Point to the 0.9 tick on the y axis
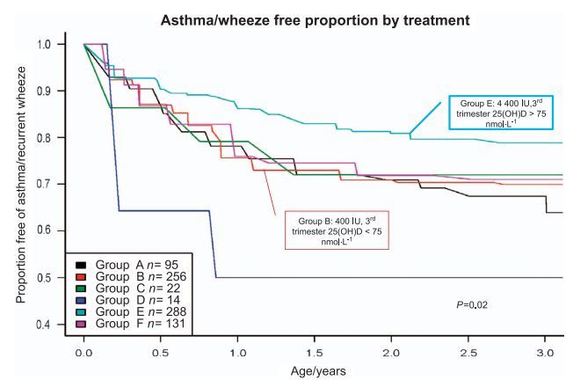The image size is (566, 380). coord(43,91)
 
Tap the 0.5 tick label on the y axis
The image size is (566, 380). coord(43,278)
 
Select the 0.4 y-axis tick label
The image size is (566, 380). coord(43,325)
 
